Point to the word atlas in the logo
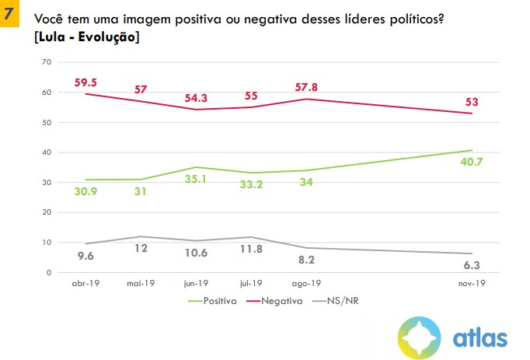point(479,337)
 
